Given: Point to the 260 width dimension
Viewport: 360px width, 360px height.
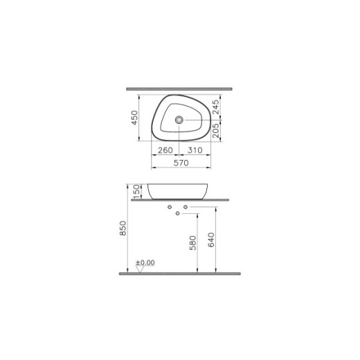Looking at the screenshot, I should pyautogui.click(x=165, y=150).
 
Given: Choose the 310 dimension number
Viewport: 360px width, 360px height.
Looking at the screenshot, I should pyautogui.click(x=194, y=150).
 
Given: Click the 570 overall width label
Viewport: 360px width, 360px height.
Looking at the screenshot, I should pyautogui.click(x=181, y=163).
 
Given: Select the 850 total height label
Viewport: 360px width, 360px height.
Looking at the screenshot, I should pyautogui.click(x=123, y=229).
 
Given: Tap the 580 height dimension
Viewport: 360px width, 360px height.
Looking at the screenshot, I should pyautogui.click(x=193, y=242).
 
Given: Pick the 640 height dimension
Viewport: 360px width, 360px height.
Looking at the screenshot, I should pyautogui.click(x=213, y=240).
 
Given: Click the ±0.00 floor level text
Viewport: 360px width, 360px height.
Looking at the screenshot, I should pyautogui.click(x=145, y=263).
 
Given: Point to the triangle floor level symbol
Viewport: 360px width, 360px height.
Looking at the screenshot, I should pyautogui.click(x=141, y=270).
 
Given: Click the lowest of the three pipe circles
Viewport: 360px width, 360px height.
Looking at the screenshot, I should pyautogui.click(x=179, y=214).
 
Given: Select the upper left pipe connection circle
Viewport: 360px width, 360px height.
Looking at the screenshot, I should pyautogui.click(x=170, y=206).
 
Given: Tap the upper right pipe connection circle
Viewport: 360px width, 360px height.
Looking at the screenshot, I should pyautogui.click(x=186, y=206).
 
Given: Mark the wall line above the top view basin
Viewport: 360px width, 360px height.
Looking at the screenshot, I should pyautogui.click(x=181, y=89).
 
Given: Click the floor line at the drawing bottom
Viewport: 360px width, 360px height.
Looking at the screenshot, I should pyautogui.click(x=181, y=274).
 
